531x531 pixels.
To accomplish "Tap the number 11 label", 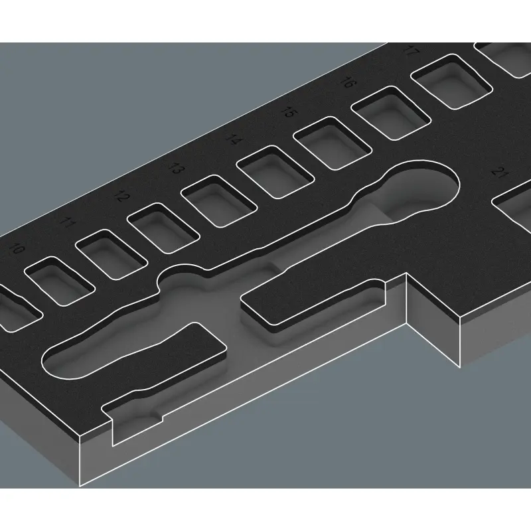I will pyautogui.click(x=67, y=223).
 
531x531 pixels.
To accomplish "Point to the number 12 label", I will pyautogui.click(x=120, y=196).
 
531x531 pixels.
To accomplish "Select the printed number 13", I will pyautogui.click(x=175, y=168).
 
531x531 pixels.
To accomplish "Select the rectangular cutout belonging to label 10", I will pyautogui.click(x=57, y=279).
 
